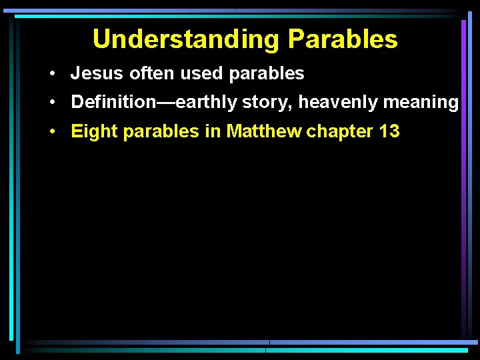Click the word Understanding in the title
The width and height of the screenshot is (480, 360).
pos(187,39)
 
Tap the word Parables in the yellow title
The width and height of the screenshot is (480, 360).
pos(343,39)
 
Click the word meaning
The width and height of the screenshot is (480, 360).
pos(421,103)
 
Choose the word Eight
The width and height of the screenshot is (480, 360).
pos(89,132)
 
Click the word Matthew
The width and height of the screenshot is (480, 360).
pos(264,131)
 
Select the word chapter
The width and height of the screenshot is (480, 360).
pos(340,132)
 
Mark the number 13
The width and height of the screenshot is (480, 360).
pos(389,131)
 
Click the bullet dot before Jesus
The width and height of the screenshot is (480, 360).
pos(51,74)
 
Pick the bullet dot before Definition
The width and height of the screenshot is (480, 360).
pos(51,103)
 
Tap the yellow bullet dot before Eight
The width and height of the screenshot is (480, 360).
pos(51,132)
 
